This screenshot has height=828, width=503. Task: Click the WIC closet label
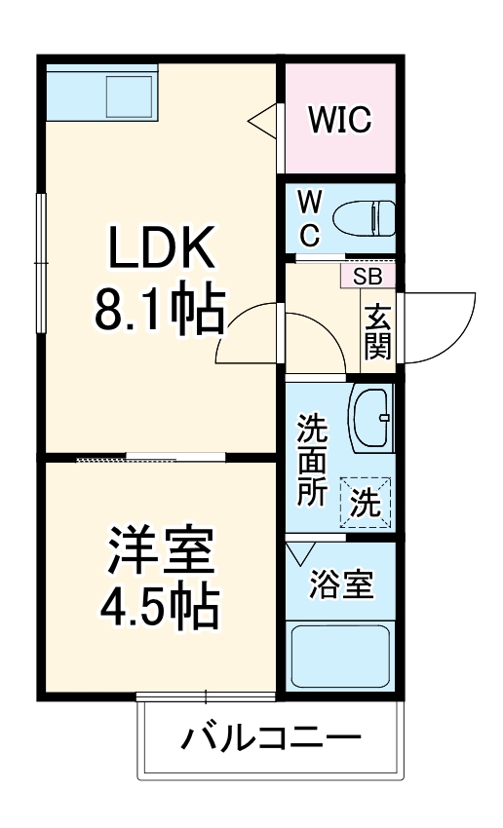[x=339, y=120]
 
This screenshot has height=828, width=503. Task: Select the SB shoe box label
[x=368, y=276]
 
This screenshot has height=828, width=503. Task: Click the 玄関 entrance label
[x=376, y=331]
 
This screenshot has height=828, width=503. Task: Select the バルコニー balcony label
[x=270, y=738]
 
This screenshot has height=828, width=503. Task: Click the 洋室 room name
[x=159, y=551]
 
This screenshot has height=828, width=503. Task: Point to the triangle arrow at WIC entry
[x=263, y=121]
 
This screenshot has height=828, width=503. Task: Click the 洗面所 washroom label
[x=311, y=458]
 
